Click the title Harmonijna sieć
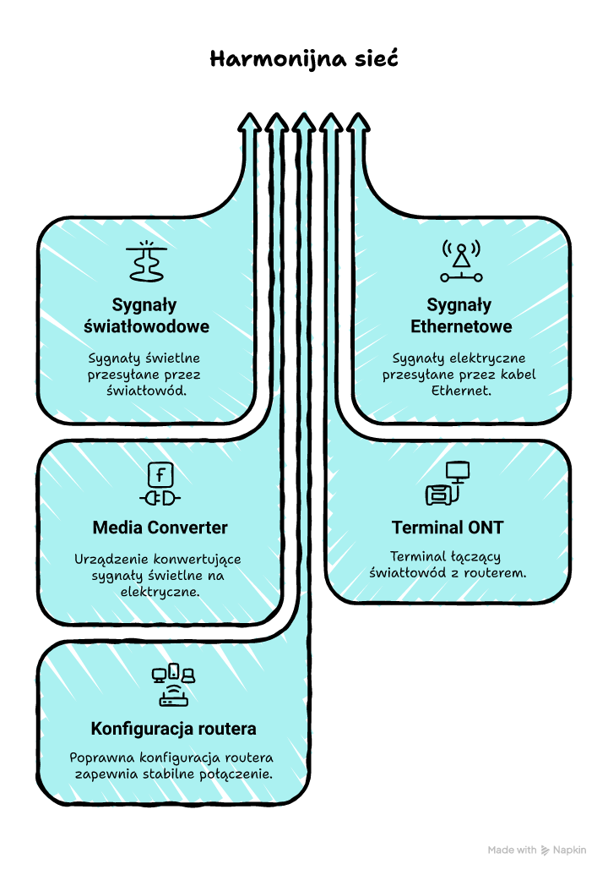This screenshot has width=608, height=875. tap(303, 60)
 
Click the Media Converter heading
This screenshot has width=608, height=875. tap(160, 528)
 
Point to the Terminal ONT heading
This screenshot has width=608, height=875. tap(448, 528)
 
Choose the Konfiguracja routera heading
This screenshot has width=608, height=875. tap(173, 729)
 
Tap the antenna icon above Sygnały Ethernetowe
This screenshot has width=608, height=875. tap(461, 260)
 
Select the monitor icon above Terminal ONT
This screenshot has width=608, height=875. tap(448, 484)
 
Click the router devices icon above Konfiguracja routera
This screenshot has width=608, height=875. tap(173, 686)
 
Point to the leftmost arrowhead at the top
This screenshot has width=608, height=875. tap(248, 123)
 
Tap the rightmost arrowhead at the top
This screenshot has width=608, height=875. tap(359, 123)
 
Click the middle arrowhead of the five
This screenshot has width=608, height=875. tap(304, 123)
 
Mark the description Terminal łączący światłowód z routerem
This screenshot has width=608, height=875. tap(448, 564)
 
